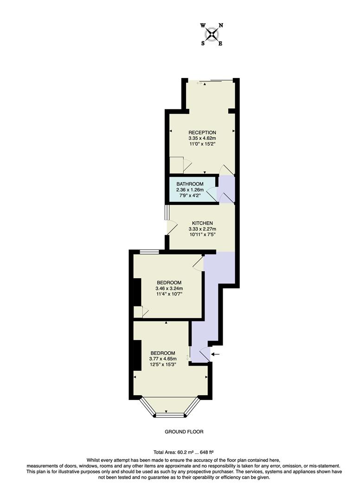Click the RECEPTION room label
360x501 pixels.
[202, 133]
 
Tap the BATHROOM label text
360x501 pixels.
[190, 184]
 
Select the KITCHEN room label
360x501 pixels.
[202, 223]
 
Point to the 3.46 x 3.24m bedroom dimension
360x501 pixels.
[169, 288]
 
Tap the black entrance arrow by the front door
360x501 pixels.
[217, 355]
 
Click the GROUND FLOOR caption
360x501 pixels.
[184, 431]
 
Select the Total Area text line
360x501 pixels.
[183, 452]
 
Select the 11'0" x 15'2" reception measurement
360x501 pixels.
[202, 144]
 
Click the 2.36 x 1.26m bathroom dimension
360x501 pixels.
[190, 190]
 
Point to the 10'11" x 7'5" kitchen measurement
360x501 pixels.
[202, 234]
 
